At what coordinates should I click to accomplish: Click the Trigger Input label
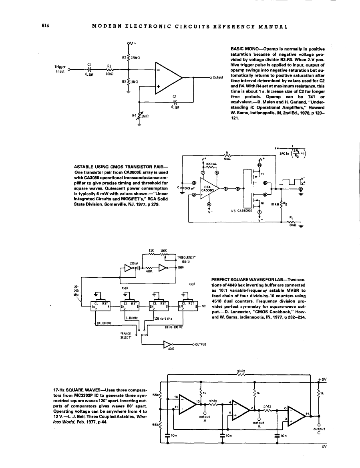coord(60,69)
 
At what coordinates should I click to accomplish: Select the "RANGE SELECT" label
coord(126,335)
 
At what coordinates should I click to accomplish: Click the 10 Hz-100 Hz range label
coord(173,327)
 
